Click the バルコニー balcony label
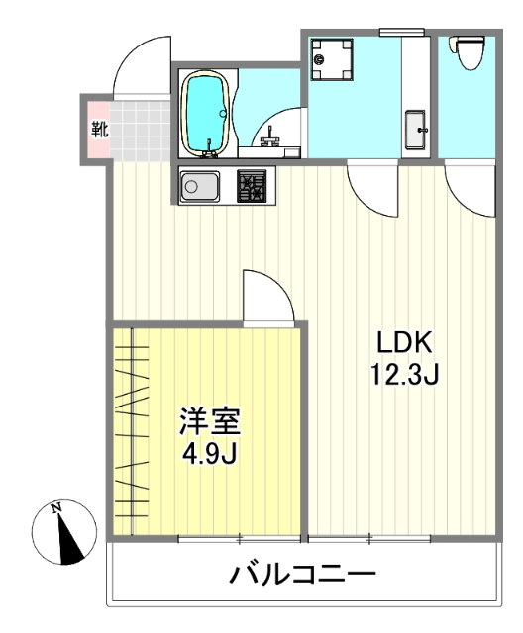point(303,575)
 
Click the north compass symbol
point(64,532)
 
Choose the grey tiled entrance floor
point(140,129)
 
